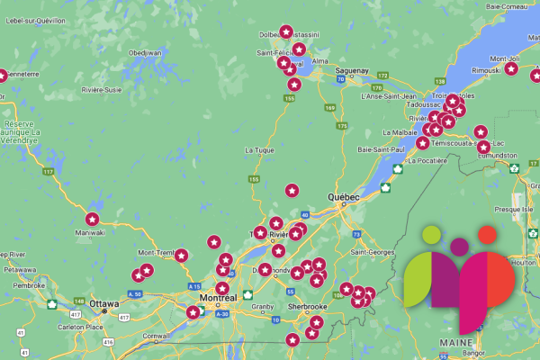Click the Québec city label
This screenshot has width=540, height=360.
pos(344,197)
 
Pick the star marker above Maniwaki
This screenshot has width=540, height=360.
pos(91,219)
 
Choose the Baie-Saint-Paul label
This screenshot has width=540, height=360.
pos(382,148)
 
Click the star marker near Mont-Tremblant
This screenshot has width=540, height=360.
pos(180,256)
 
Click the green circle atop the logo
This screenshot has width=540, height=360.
pos(431,235)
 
